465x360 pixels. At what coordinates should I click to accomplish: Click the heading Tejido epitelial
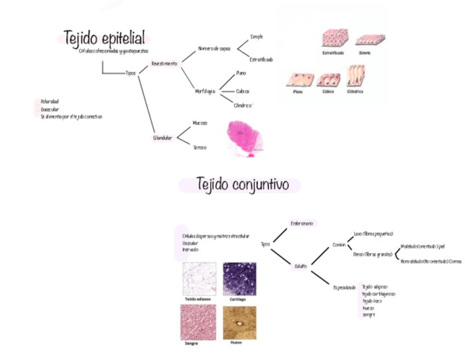pyautogui.click(x=104, y=38)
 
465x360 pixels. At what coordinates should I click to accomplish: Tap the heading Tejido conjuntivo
pyautogui.click(x=242, y=184)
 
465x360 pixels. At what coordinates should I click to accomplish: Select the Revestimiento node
pyautogui.click(x=165, y=64)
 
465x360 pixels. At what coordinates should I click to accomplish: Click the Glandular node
pyautogui.click(x=163, y=138)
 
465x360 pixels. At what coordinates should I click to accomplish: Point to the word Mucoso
pyautogui.click(x=200, y=123)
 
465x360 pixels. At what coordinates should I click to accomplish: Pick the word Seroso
pyautogui.click(x=200, y=147)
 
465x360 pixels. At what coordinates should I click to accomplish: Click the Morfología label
pyautogui.click(x=205, y=91)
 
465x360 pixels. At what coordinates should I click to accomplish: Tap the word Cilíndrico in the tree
pyautogui.click(x=243, y=105)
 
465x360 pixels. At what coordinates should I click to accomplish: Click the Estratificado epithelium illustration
pyautogui.click(x=333, y=38)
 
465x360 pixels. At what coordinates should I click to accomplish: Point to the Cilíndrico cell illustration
pyautogui.click(x=355, y=76)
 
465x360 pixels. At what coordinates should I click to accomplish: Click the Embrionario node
pyautogui.click(x=302, y=223)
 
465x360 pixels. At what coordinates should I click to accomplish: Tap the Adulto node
pyautogui.click(x=300, y=266)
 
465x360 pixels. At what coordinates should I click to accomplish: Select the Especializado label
pyautogui.click(x=344, y=287)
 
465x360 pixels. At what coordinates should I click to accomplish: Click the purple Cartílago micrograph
pyautogui.click(x=239, y=279)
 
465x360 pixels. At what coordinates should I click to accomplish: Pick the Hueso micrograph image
pyautogui.click(x=239, y=323)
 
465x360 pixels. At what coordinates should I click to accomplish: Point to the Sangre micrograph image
pyautogui.click(x=198, y=323)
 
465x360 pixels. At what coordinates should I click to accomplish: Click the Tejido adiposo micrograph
pyautogui.click(x=199, y=279)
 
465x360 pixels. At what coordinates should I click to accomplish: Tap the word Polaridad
pyautogui.click(x=49, y=102)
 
